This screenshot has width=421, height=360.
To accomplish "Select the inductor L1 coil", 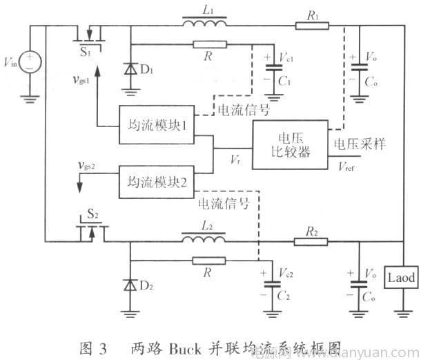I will [x=204, y=26].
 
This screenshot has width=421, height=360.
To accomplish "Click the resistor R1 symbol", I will [x=307, y=26].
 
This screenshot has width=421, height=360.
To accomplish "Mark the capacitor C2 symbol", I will [x=276, y=283].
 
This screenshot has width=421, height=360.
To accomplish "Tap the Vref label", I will [x=348, y=164].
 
